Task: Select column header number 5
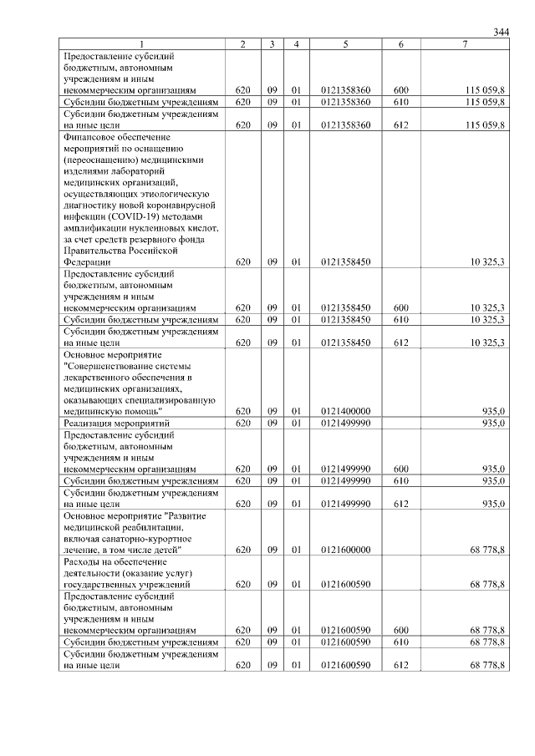click(345, 43)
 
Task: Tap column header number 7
click(465, 43)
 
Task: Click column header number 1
click(142, 43)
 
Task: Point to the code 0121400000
click(345, 411)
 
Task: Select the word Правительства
click(94, 250)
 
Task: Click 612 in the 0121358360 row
click(400, 124)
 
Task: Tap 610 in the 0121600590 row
click(400, 642)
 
